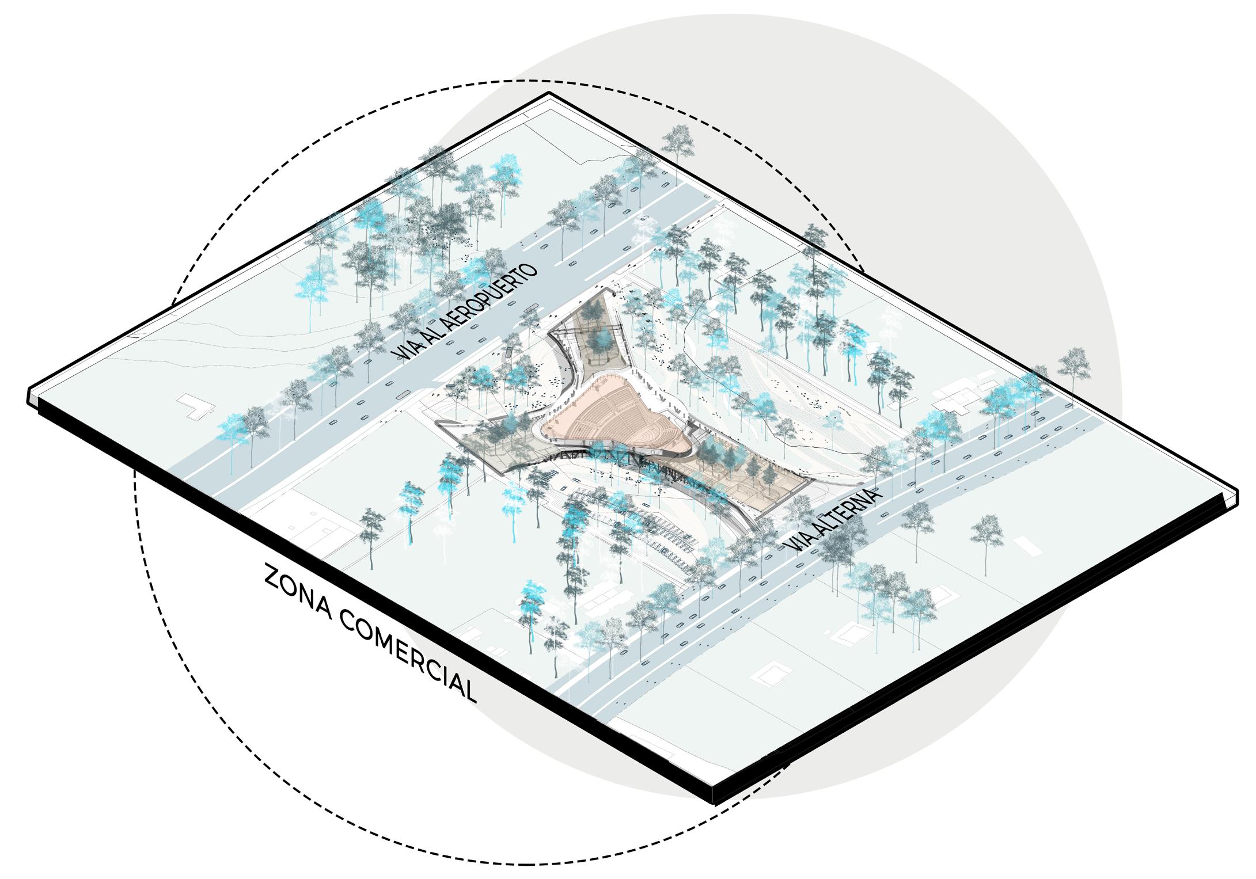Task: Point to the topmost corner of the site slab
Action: [549, 93]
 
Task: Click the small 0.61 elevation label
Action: [620, 292]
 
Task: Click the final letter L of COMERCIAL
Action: [469, 694]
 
